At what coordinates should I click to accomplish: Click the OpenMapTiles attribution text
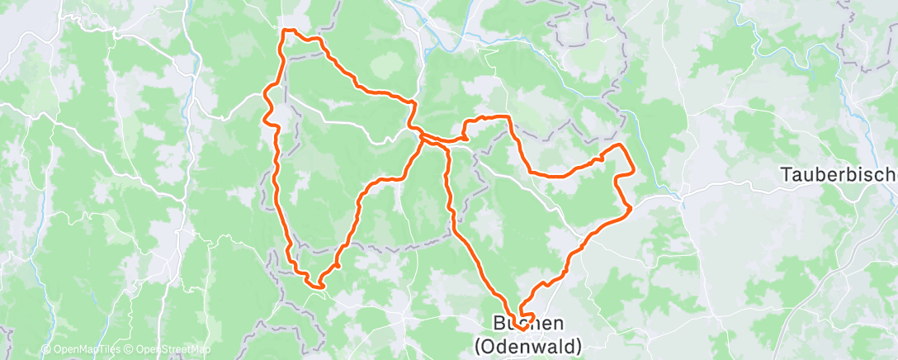click(x=83, y=350)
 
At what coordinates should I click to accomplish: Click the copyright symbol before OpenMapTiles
click(x=45, y=350)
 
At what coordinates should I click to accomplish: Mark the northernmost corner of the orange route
click(x=286, y=31)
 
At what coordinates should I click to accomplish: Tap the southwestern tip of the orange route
click(x=314, y=287)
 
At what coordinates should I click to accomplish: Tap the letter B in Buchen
click(x=487, y=324)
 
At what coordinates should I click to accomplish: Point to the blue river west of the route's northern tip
click(x=196, y=58)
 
